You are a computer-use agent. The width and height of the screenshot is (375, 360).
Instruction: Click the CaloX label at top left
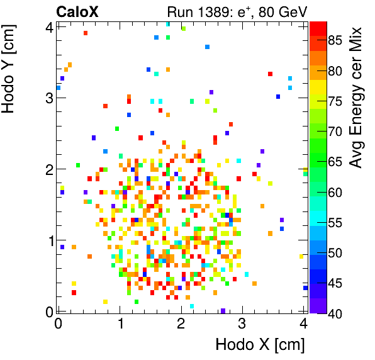[77, 11]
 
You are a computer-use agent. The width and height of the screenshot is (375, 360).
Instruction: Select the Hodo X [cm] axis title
[260, 345]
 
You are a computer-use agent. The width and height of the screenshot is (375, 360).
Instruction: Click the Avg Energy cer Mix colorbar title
[357, 98]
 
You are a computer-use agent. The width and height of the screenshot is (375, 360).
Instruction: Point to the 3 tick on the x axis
[243, 323]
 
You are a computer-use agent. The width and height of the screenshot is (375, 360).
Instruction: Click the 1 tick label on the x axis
[120, 323]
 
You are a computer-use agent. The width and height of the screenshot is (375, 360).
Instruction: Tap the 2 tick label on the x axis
[181, 323]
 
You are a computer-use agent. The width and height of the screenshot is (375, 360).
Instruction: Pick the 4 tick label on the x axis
[305, 323]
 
